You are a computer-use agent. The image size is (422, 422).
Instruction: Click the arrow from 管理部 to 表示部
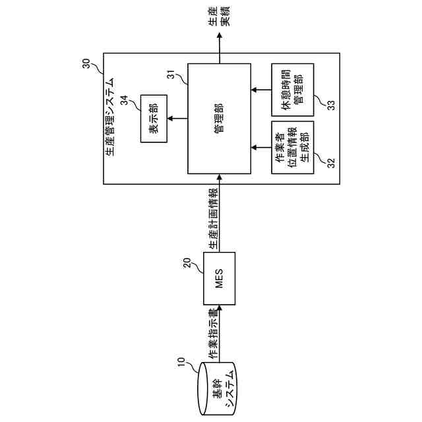[177, 119]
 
